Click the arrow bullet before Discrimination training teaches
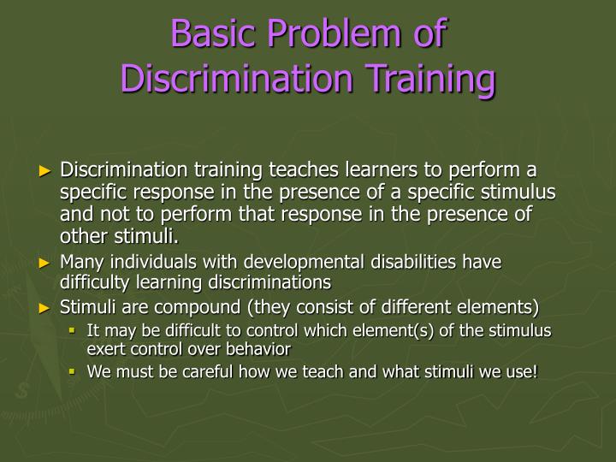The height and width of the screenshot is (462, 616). pos(46,171)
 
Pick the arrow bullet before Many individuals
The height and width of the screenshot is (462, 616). pos(46,262)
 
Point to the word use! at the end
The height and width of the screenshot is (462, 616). pos(520,371)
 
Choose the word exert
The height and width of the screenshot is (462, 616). pos(104,349)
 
